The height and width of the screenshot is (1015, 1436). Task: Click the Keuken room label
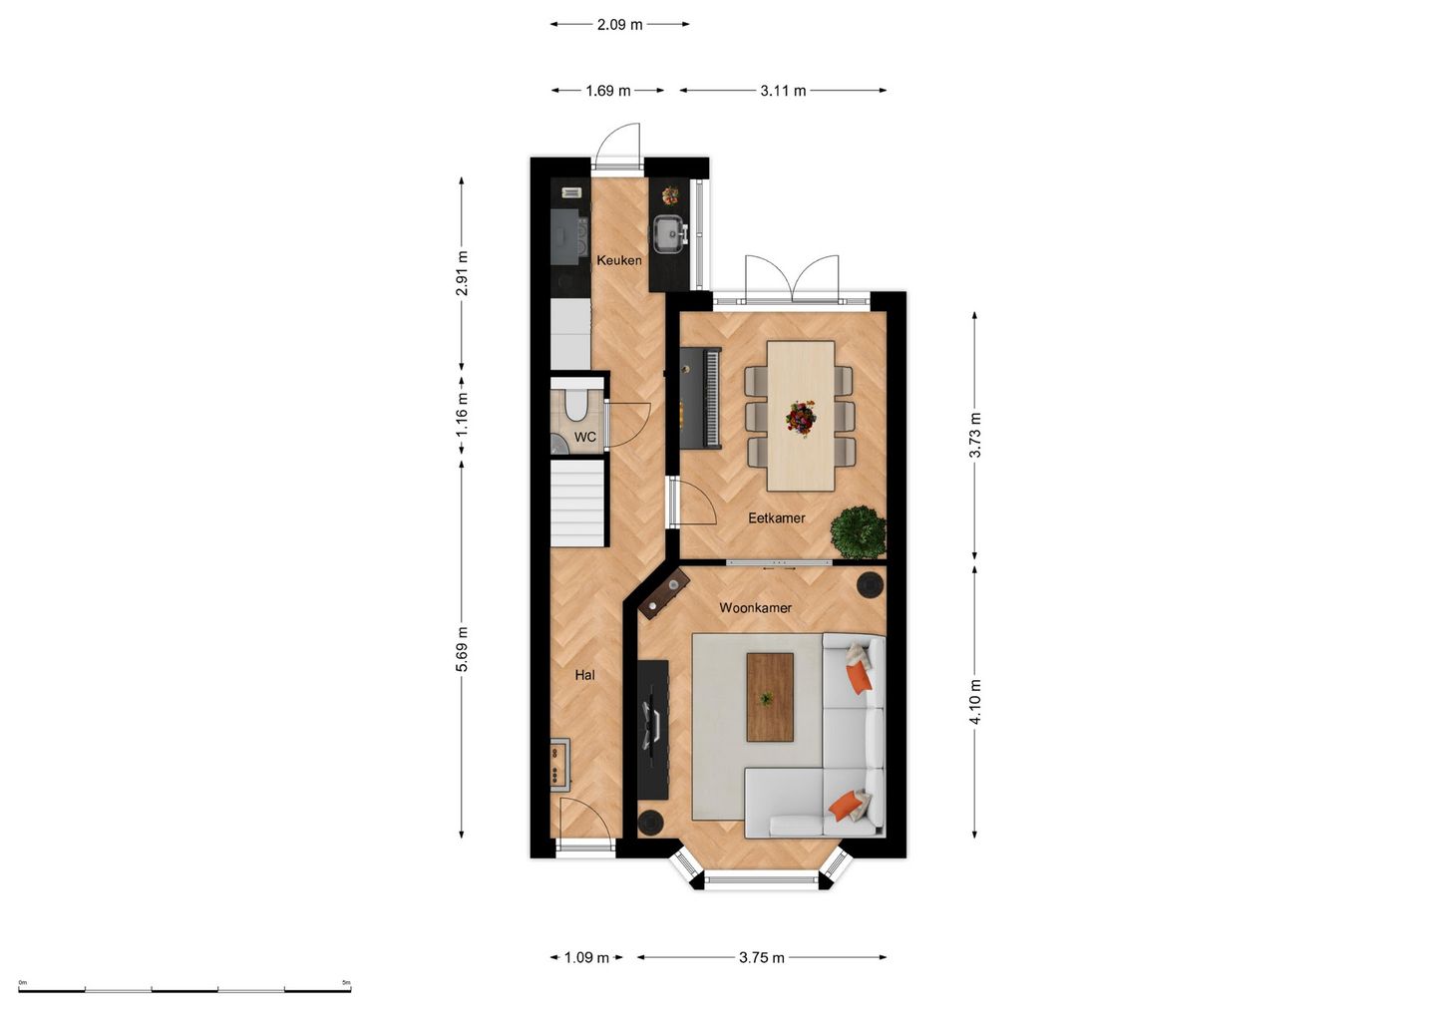tap(618, 260)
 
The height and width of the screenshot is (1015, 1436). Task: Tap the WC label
tap(585, 438)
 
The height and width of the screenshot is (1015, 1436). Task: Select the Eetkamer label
tap(776, 517)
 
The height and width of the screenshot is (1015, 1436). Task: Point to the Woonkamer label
tap(755, 607)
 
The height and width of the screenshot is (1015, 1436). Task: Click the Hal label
tap(584, 675)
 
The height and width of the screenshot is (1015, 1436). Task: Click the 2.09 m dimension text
tap(619, 24)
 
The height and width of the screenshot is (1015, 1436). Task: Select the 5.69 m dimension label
tap(462, 649)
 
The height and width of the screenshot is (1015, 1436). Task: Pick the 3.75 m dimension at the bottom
tap(761, 957)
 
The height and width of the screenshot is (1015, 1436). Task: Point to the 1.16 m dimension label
tap(462, 415)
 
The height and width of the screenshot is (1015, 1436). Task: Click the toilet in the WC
tap(575, 405)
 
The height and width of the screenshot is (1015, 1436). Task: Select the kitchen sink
tap(666, 233)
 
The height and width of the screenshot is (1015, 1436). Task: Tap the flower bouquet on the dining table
tap(800, 417)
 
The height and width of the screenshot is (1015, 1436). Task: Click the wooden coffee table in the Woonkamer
tap(770, 697)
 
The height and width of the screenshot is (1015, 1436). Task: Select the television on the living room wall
tap(653, 725)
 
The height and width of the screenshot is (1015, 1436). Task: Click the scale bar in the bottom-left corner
tap(184, 989)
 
